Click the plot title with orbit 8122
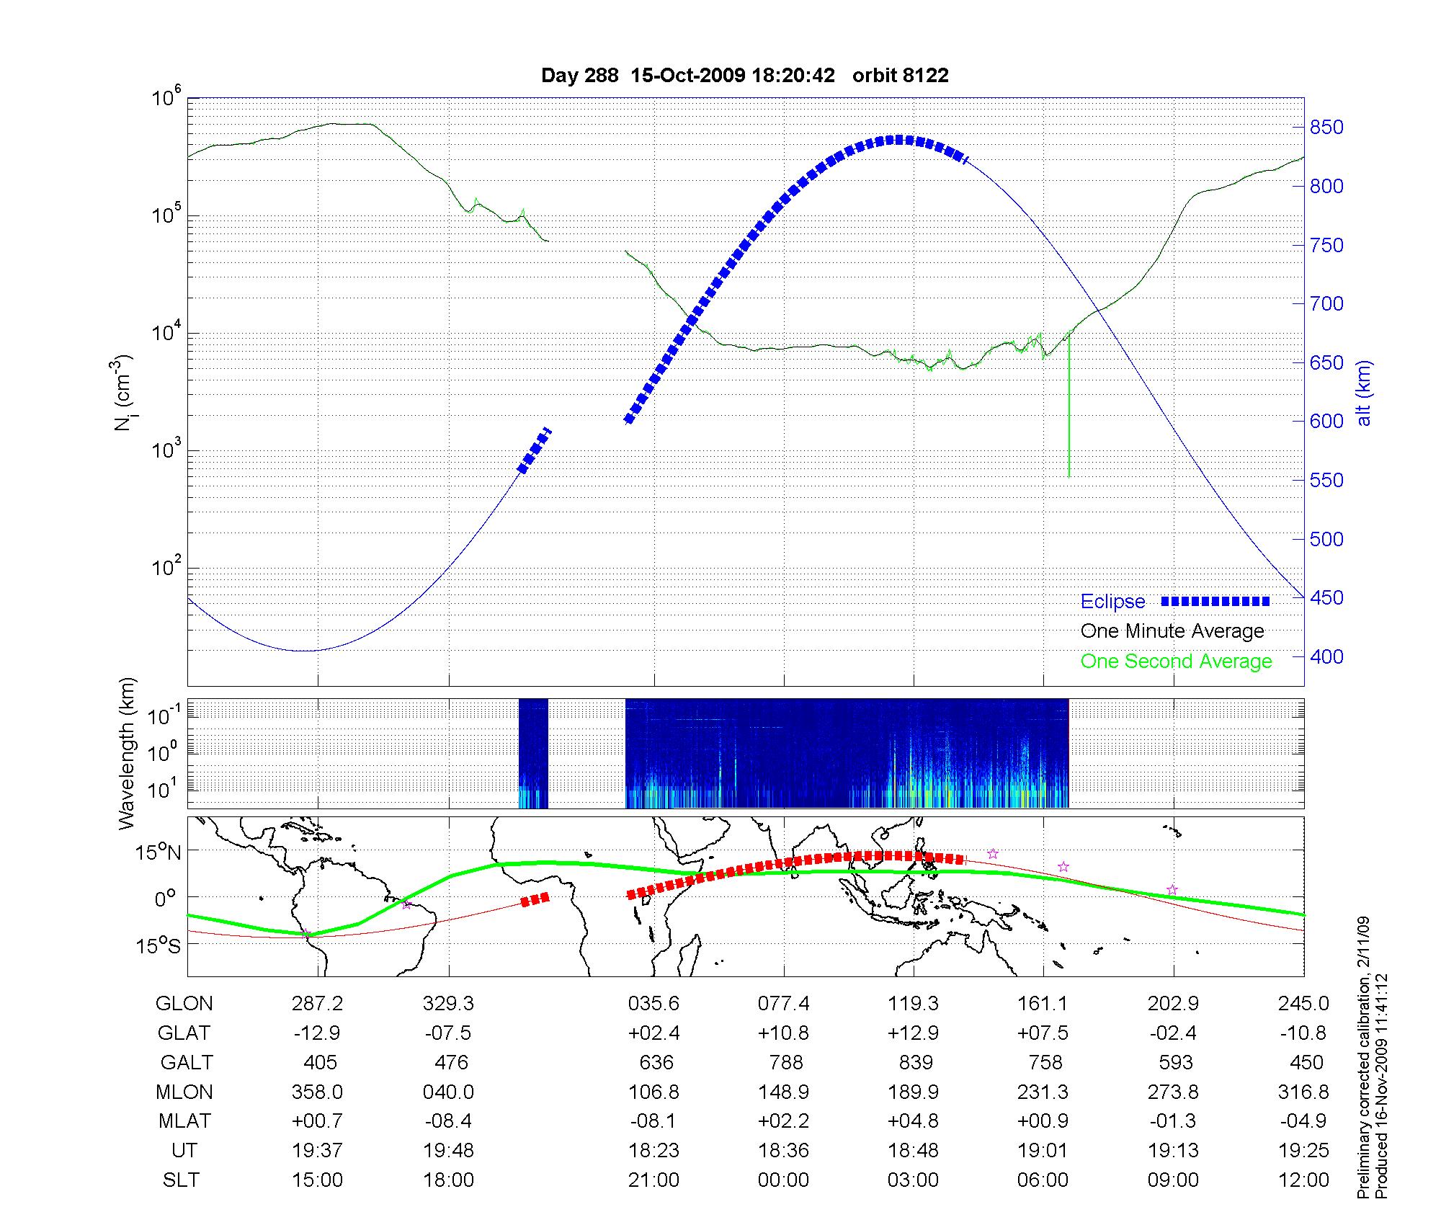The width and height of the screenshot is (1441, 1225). (744, 76)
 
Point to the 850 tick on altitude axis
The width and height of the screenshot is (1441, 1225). (1326, 128)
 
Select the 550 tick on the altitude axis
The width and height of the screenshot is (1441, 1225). (1326, 481)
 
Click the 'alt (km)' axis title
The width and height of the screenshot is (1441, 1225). (1364, 393)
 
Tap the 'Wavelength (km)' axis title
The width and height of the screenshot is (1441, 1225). (128, 754)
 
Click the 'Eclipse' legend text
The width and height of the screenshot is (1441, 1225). (1112, 602)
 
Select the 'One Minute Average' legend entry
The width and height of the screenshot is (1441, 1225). (1172, 631)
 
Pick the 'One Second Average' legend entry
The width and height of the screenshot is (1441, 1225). (1176, 661)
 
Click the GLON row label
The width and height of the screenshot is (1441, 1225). (184, 1004)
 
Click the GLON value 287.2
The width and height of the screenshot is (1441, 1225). (317, 1004)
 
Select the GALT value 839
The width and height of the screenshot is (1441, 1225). (916, 1063)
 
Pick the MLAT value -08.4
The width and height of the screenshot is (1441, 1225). (448, 1122)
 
